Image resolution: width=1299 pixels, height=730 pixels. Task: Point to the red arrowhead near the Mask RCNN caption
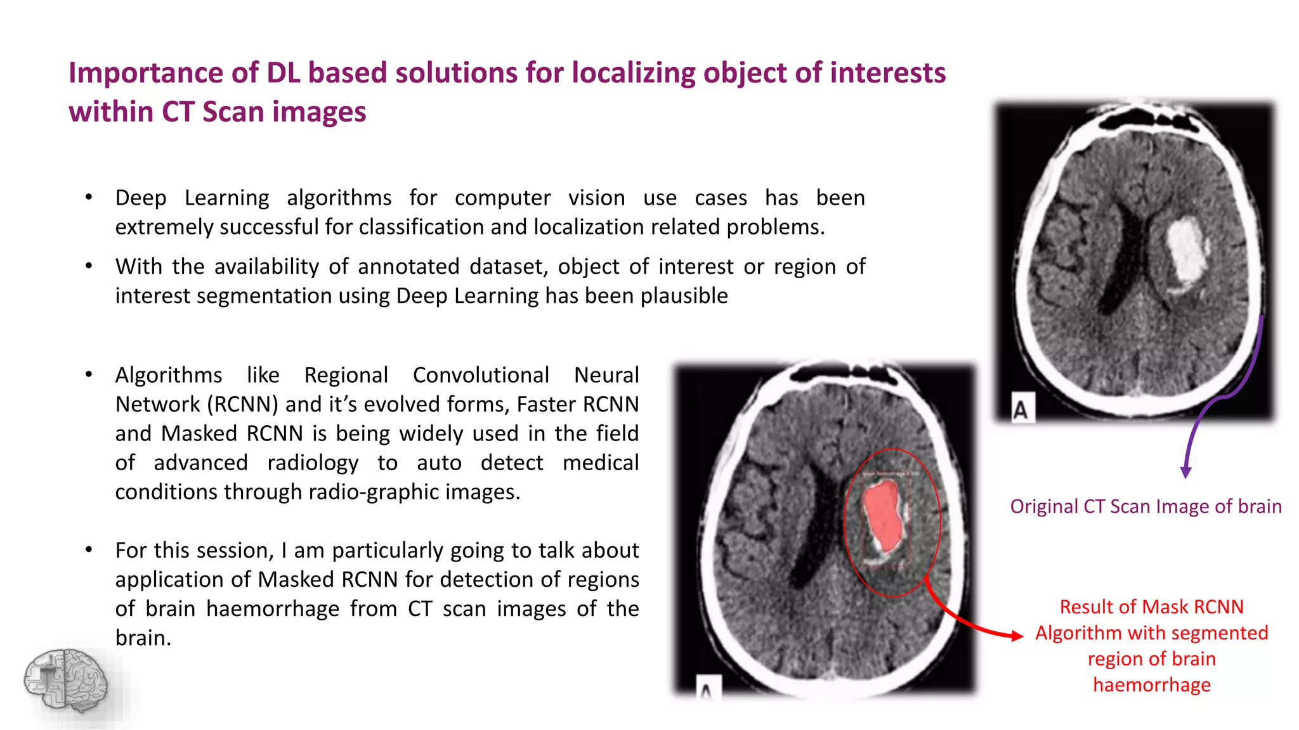[x=1017, y=636]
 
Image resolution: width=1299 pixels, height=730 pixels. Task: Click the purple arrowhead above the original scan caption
[x=1185, y=472]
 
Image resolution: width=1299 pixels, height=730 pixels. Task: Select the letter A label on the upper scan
[x=1020, y=409]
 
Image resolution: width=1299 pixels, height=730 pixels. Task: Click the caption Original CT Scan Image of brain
[x=1146, y=506]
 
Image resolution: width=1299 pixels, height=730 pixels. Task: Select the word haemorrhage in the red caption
[x=1151, y=684]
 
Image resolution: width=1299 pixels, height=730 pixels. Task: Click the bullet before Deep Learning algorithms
[x=89, y=197]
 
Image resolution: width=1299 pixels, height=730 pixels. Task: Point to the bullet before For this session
[x=89, y=549]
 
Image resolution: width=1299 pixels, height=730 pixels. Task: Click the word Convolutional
[x=481, y=375]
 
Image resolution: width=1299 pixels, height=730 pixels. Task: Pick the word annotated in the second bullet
[x=408, y=267]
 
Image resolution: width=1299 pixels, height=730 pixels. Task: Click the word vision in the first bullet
[x=596, y=198]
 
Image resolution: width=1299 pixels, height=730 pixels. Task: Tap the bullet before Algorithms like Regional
[x=89, y=375]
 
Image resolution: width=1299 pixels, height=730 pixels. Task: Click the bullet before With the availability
[x=89, y=266]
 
